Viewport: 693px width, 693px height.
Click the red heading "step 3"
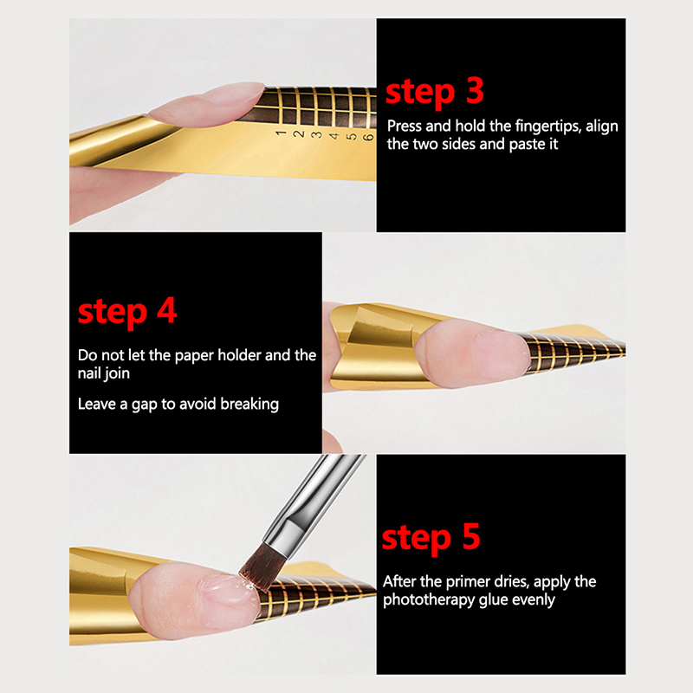click(435, 92)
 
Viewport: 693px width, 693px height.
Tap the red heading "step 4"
click(127, 312)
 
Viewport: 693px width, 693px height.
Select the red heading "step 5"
click(431, 537)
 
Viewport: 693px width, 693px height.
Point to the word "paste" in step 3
click(528, 145)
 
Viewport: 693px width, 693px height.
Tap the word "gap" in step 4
click(144, 405)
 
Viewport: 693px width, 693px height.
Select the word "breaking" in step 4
click(249, 405)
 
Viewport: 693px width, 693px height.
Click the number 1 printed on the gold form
click(280, 133)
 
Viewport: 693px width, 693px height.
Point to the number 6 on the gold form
click(367, 137)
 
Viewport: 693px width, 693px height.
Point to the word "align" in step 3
click(602, 126)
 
